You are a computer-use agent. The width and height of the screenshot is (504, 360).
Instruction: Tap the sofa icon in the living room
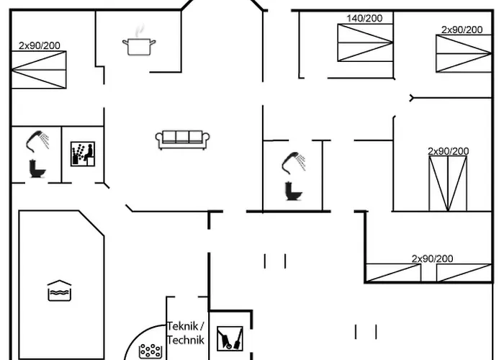(183, 139)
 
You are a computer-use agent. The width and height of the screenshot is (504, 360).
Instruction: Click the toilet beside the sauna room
(36, 168)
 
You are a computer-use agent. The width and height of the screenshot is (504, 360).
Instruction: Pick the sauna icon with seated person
(82, 153)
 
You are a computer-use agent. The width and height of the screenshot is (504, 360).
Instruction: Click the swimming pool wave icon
(58, 290)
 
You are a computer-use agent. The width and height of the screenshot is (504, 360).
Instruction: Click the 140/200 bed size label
(364, 19)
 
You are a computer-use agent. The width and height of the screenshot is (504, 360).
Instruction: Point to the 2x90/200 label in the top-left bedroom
(40, 45)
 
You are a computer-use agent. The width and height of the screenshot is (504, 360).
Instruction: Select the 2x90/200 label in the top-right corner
(462, 30)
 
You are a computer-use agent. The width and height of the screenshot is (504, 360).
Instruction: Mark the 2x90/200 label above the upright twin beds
(448, 151)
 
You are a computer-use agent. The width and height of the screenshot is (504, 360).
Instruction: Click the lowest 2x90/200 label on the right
(432, 258)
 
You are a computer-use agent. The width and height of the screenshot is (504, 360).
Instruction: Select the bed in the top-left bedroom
(39, 70)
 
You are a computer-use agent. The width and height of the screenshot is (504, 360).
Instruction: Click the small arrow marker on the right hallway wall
(411, 97)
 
